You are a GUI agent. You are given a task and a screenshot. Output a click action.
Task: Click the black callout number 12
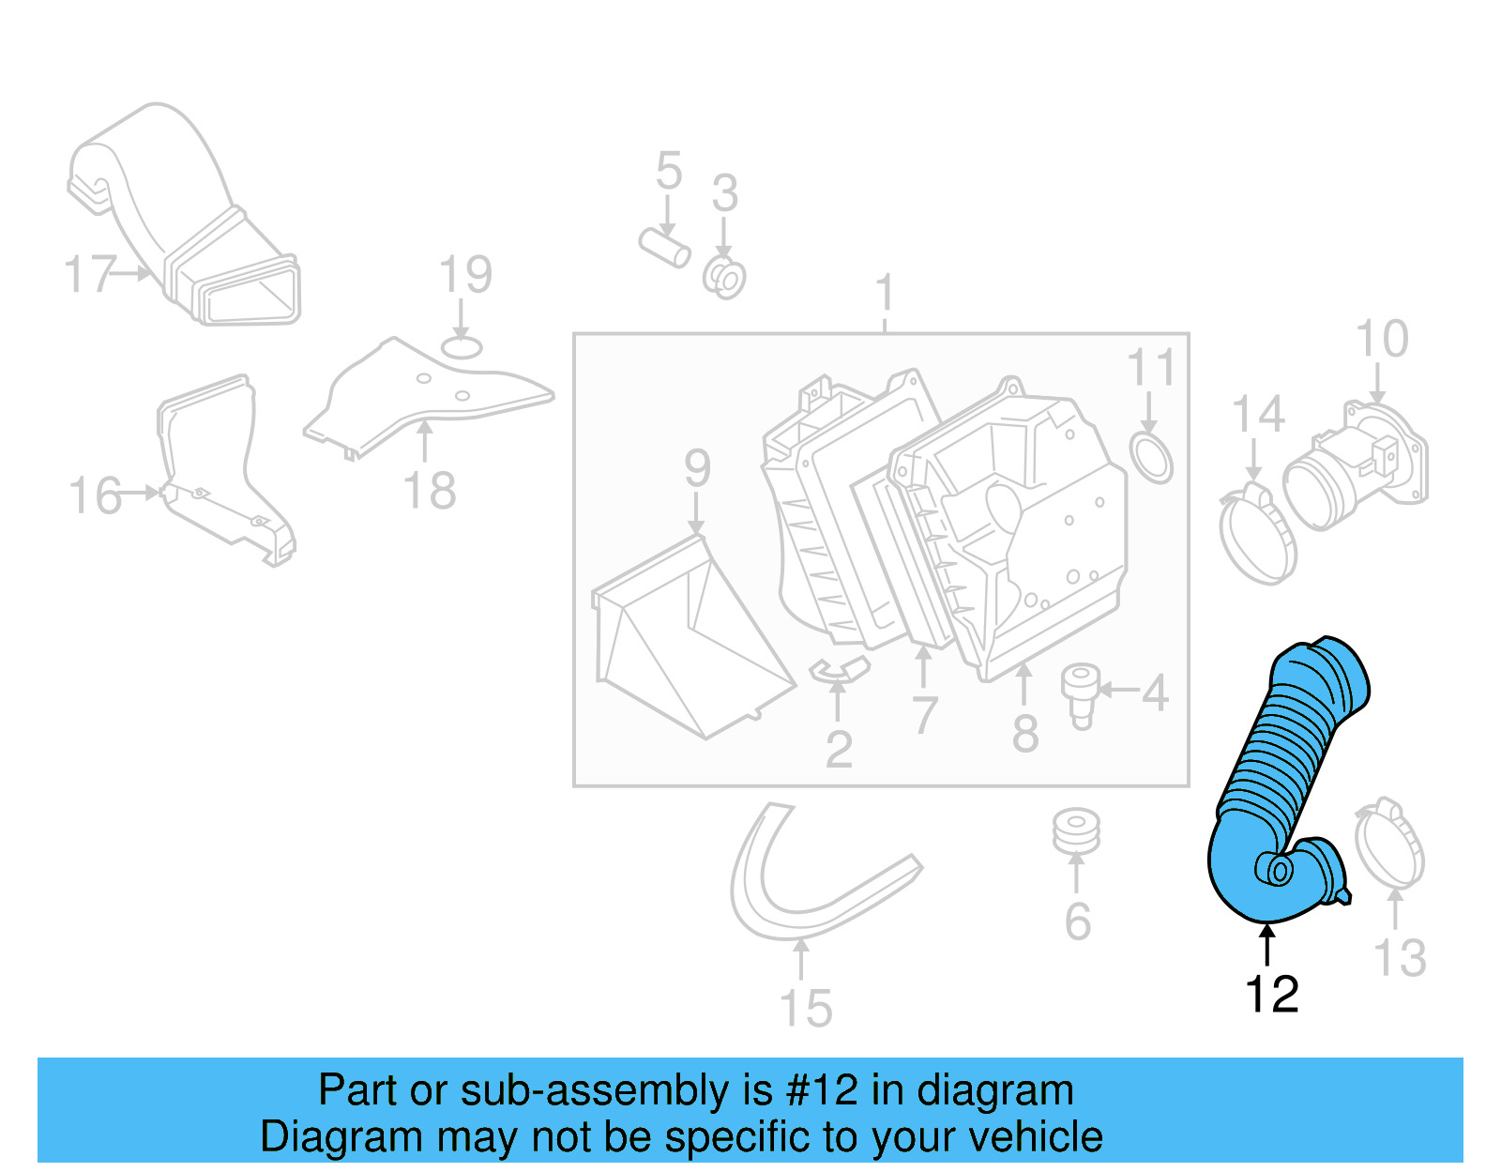click(x=1271, y=995)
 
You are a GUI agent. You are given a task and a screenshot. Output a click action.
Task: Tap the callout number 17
click(x=89, y=274)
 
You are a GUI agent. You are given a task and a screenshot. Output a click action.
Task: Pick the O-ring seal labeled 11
click(x=1151, y=457)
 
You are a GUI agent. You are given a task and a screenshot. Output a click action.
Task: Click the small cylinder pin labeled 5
click(x=664, y=247)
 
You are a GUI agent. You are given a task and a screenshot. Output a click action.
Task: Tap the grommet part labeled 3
click(x=724, y=278)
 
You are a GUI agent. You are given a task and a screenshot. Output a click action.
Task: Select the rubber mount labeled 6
click(x=1075, y=831)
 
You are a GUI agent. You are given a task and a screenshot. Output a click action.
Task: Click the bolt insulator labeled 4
click(x=1081, y=693)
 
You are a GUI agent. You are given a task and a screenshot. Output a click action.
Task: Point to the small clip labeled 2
click(x=837, y=669)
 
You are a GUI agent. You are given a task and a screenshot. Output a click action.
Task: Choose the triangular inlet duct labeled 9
click(x=690, y=638)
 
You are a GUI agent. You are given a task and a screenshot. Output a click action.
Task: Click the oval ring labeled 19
click(x=461, y=348)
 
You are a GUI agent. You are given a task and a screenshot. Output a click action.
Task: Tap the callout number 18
click(x=429, y=491)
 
